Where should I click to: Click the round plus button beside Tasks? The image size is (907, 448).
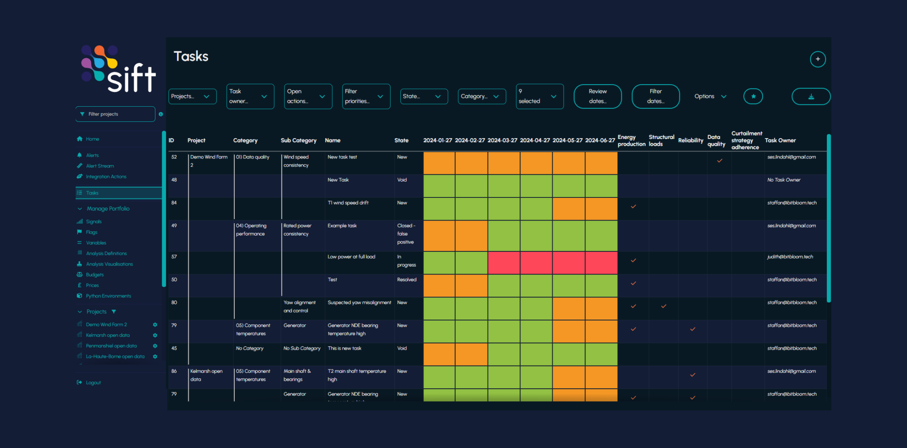[818, 59]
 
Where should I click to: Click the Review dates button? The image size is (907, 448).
[597, 97]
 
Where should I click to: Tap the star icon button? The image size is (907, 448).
[753, 97]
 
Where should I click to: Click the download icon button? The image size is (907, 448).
[810, 97]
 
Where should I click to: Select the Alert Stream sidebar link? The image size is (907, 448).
[100, 166]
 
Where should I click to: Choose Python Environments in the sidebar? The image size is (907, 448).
[108, 296]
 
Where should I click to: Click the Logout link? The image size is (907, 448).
[93, 382]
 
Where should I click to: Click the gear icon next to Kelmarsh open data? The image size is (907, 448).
[155, 335]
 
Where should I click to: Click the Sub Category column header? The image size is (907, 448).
[298, 140]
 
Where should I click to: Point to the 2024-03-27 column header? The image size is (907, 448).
[502, 140]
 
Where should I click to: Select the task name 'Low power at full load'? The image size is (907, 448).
[351, 257]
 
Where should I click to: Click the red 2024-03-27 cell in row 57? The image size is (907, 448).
[504, 263]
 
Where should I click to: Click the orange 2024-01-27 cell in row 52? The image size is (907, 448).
[439, 163]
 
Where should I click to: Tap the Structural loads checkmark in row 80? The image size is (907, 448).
[663, 306]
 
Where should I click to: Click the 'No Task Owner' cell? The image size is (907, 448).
[783, 180]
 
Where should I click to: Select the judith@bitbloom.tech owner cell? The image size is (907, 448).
[790, 257]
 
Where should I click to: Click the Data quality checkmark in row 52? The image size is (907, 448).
[720, 161]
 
